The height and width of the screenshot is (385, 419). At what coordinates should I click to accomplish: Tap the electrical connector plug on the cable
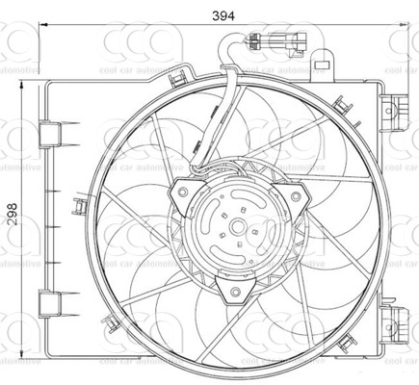point(280,42)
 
